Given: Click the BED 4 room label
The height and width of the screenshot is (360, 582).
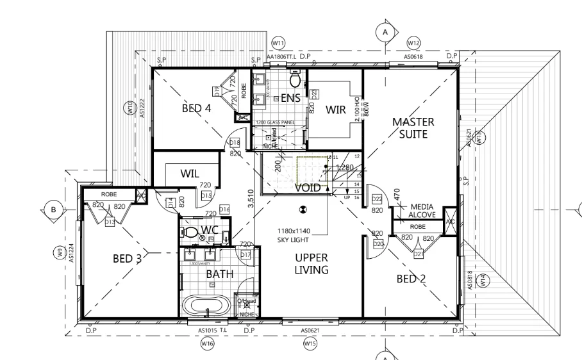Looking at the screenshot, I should tap(196, 108).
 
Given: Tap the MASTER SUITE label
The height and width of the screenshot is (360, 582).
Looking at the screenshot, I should tap(413, 127).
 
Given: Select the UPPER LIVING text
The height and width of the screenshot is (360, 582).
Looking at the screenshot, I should tap(312, 264).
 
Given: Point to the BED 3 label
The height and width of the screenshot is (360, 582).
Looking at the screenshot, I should tap(128, 259).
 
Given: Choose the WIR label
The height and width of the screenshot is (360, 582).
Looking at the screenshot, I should tap(335, 110).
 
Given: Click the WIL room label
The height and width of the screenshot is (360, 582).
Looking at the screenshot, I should tap(190, 173).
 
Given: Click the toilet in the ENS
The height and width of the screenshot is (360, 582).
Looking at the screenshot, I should tap(295, 80).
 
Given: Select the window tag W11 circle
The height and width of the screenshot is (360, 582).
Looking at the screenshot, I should tap(278, 42).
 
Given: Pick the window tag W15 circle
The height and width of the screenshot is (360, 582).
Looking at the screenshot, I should tap(310, 344).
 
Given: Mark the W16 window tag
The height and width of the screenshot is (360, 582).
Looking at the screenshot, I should tap(207, 344).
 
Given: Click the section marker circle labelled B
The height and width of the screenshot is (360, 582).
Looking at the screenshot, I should tap(54, 209).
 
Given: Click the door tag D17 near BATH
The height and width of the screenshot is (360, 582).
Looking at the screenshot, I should tap(245, 255).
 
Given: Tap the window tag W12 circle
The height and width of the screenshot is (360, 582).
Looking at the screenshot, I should tap(414, 42).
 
